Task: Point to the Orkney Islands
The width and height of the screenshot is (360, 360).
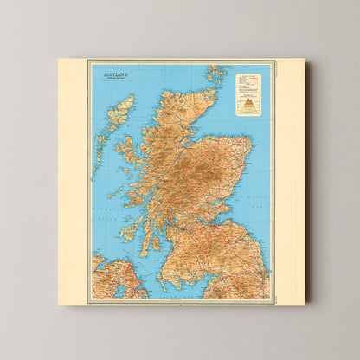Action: coord(215,74)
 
